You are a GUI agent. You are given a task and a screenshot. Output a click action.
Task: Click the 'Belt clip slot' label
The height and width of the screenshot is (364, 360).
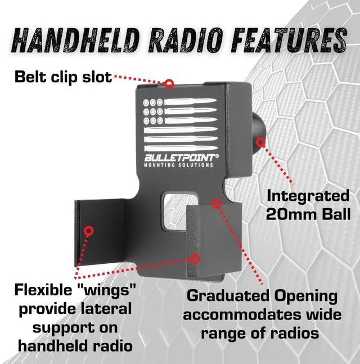[x=63, y=76]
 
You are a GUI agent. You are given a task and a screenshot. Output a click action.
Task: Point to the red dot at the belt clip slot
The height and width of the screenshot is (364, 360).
[x=168, y=83]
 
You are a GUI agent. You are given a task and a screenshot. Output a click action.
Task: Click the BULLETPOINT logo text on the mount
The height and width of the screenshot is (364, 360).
[x=179, y=158]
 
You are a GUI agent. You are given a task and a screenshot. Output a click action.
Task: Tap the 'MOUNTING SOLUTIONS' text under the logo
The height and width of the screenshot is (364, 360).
[x=179, y=165]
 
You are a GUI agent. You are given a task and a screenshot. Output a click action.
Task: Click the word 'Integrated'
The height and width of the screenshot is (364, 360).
[x=308, y=196]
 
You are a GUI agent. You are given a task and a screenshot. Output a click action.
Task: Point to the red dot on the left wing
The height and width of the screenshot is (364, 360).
[x=88, y=230]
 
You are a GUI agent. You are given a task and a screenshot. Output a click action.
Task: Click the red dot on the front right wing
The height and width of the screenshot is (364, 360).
[x=195, y=259]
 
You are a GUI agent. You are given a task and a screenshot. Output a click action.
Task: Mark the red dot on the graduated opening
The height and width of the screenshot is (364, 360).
[x=215, y=203]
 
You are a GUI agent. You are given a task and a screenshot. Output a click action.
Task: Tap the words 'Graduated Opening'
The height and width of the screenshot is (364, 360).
[x=262, y=296]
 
